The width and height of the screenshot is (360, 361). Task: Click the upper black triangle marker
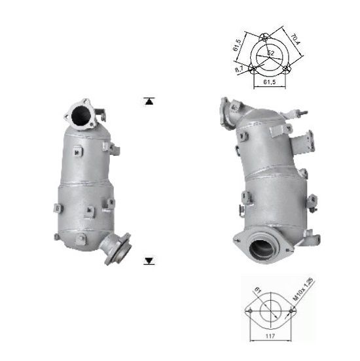150,101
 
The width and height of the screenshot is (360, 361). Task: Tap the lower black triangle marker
150,261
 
